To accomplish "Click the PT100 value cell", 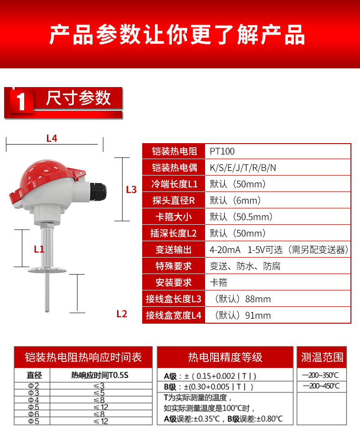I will pos(222,151).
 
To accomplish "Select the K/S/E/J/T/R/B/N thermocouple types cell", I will pos(243,168).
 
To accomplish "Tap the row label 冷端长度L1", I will pos(174,184).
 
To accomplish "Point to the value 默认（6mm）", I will pos(235,201).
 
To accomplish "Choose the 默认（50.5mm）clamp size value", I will pos(241,217).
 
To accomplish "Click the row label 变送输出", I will pos(174,250).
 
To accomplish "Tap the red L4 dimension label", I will pos(51,138).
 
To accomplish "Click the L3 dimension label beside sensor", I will pos(131,190).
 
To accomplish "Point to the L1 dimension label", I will pos(39,249).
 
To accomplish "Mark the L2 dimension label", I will pos(122,314).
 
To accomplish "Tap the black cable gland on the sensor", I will pos(98,189).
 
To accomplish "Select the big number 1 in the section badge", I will pos(20,102).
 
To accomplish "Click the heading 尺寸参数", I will pos(78,98).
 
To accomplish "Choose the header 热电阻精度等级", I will pos(225,357).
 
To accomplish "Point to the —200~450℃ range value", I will pos(321,387).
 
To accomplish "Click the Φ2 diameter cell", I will pos(34,386).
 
